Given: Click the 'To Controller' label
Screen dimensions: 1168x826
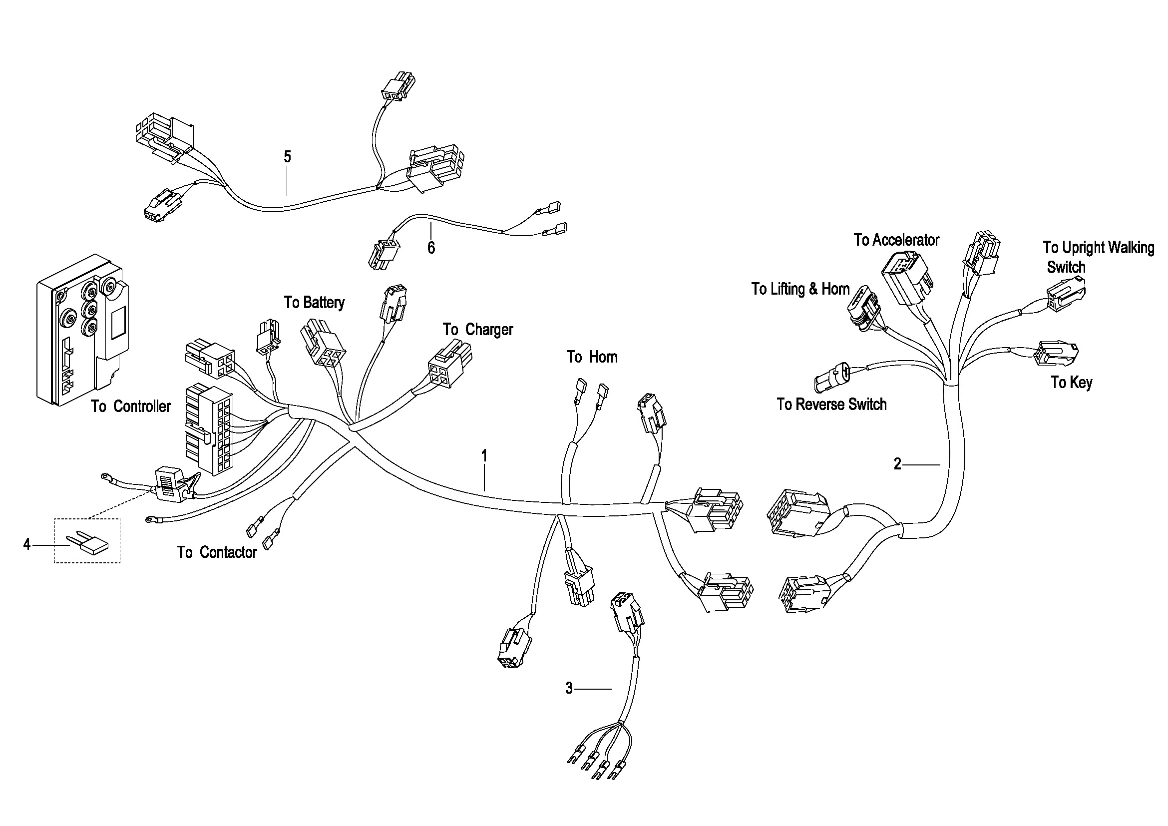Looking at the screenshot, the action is click(x=131, y=407).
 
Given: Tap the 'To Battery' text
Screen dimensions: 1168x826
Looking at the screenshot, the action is click(x=315, y=303).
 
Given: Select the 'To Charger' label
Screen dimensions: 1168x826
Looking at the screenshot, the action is click(x=478, y=330).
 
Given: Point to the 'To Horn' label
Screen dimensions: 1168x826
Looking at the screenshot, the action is click(x=592, y=357).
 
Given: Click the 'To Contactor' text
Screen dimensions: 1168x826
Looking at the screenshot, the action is click(x=217, y=552).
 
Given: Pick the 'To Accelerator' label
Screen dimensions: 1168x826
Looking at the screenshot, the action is click(x=896, y=240).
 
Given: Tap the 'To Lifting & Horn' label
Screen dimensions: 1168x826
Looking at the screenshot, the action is click(x=800, y=289).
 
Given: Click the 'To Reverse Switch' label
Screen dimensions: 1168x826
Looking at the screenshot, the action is click(x=831, y=405).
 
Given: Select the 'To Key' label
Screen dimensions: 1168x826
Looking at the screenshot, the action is click(x=1072, y=383).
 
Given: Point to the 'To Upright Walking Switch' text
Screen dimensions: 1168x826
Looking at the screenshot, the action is click(x=1098, y=257).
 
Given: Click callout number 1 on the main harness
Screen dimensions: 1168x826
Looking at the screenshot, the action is click(x=484, y=456).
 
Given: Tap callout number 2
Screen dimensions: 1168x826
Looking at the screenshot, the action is click(x=898, y=464).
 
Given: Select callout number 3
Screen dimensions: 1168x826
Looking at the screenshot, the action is click(x=569, y=688).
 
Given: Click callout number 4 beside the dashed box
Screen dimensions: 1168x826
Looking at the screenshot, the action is click(x=27, y=545).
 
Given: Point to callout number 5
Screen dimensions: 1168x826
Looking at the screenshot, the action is click(x=288, y=157).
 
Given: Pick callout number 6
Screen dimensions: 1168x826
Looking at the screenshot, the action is click(x=431, y=248).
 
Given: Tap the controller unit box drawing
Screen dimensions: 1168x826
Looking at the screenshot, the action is click(x=83, y=330).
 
